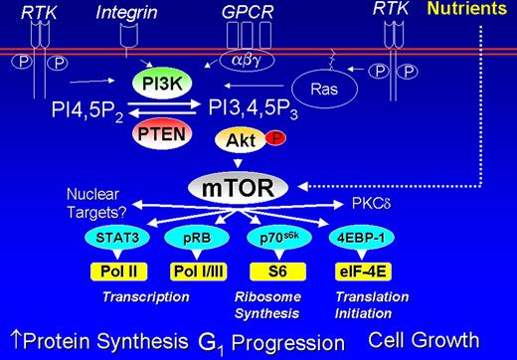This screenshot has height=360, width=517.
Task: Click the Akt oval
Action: (x=238, y=142)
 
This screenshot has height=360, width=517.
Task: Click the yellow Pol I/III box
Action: (x=194, y=269)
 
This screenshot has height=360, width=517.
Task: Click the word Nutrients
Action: (x=473, y=12)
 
